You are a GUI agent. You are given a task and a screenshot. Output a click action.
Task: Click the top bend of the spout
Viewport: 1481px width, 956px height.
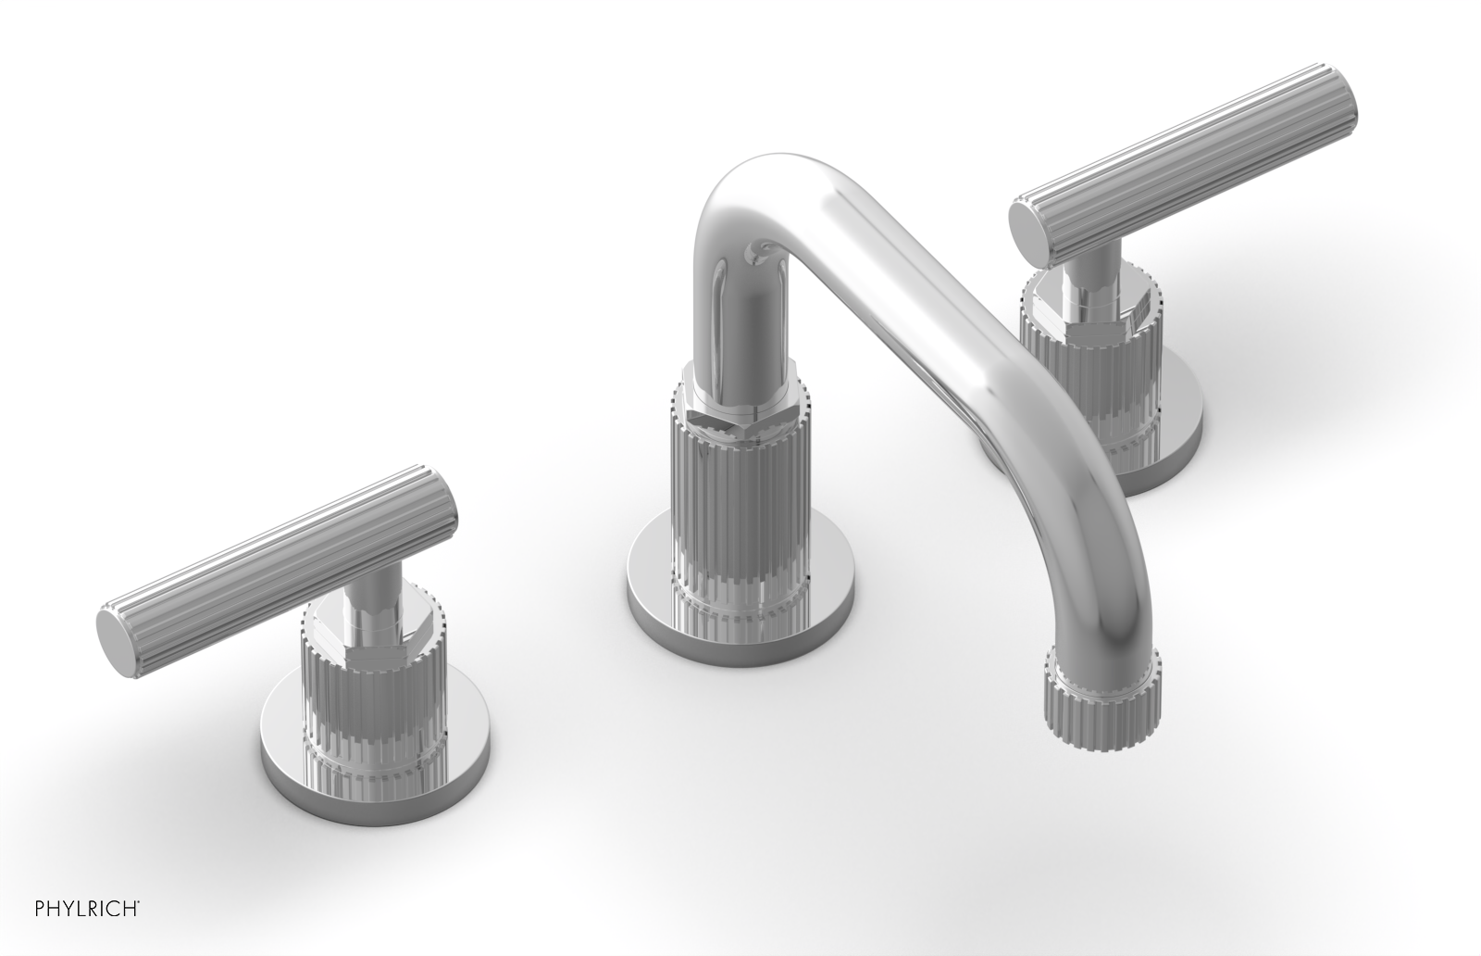click(759, 199)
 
